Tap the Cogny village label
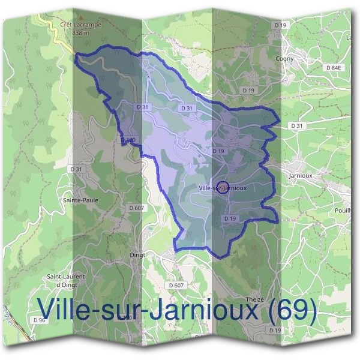(284, 59)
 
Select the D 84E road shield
(332, 68)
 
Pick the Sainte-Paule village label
(80, 200)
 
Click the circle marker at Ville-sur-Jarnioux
(222, 187)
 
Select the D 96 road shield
(40, 320)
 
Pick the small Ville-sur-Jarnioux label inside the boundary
(222, 188)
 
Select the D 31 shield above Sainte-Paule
(76, 170)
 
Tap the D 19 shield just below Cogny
(248, 90)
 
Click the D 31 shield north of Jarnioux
(296, 126)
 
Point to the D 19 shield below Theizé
(275, 331)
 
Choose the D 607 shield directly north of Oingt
(136, 208)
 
